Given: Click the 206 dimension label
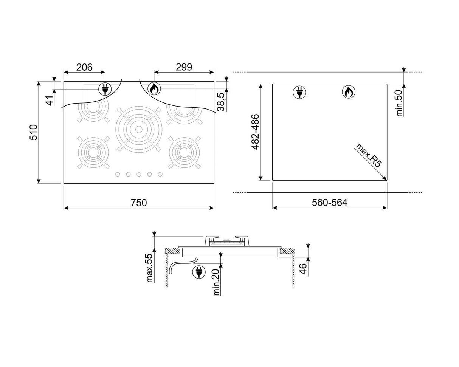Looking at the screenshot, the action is pyautogui.click(x=84, y=67).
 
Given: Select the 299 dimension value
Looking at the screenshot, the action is pyautogui.click(x=184, y=67).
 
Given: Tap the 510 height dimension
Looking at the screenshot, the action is pyautogui.click(x=33, y=132).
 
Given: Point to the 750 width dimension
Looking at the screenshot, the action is pyautogui.click(x=139, y=203).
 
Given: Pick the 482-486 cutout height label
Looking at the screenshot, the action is pyautogui.click(x=255, y=132).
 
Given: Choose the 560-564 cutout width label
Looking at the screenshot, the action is pyautogui.click(x=330, y=203).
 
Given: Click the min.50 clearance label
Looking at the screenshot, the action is pyautogui.click(x=399, y=103).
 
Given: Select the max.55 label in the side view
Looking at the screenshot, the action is pyautogui.click(x=150, y=268).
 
